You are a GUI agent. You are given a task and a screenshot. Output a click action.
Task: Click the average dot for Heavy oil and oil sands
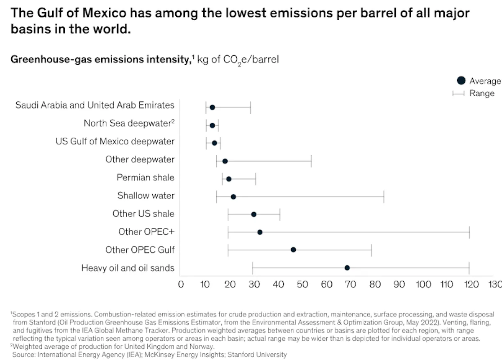(x=347, y=268)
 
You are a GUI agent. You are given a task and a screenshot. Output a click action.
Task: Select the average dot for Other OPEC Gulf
(x=293, y=250)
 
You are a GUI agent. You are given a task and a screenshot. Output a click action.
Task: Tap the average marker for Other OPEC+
(x=260, y=232)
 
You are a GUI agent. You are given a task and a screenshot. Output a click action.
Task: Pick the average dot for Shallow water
(x=233, y=197)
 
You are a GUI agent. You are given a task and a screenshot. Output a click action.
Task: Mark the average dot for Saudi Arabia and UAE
(x=212, y=108)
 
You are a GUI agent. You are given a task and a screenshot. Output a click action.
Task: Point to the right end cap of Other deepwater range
(x=311, y=161)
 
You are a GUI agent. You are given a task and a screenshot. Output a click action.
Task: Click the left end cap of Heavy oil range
(x=253, y=268)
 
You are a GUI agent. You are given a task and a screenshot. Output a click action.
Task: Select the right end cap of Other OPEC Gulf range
(x=371, y=250)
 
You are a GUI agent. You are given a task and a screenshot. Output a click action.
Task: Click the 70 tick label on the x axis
(x=350, y=285)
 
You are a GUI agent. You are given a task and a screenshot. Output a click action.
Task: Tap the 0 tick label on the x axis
(x=181, y=285)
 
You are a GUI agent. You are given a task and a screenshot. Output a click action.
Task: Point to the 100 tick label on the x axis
(x=423, y=285)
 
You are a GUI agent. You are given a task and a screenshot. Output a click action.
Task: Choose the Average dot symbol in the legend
(x=461, y=81)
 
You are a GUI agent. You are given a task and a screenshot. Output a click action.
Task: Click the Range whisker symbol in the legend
(x=458, y=93)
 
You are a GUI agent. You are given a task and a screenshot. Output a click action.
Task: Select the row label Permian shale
(x=145, y=177)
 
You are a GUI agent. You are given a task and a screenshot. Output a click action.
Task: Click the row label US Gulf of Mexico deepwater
(x=115, y=141)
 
